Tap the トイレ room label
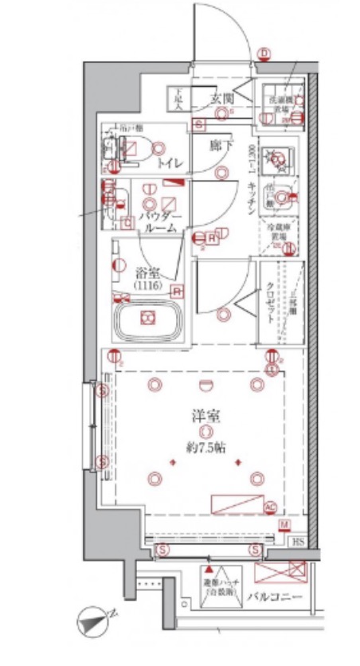coord(169,163)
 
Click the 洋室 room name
coord(205,415)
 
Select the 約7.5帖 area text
coord(205,447)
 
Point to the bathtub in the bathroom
coord(147,319)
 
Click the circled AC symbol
coord(269,506)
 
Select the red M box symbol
coord(284,523)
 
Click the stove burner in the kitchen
coord(280,159)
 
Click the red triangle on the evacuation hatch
coord(209,571)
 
